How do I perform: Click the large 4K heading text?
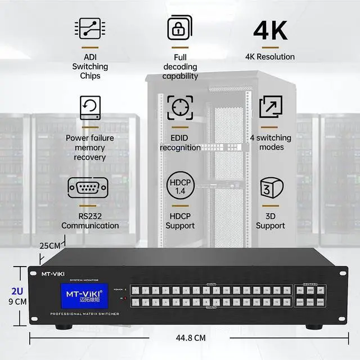270,30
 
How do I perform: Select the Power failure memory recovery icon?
89,107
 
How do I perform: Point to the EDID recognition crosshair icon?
180,107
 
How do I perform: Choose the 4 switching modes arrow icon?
271,107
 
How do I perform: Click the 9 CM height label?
17,302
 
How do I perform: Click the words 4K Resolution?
270,56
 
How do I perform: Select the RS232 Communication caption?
90,220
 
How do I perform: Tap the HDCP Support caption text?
180,220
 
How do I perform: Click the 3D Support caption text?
271,220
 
